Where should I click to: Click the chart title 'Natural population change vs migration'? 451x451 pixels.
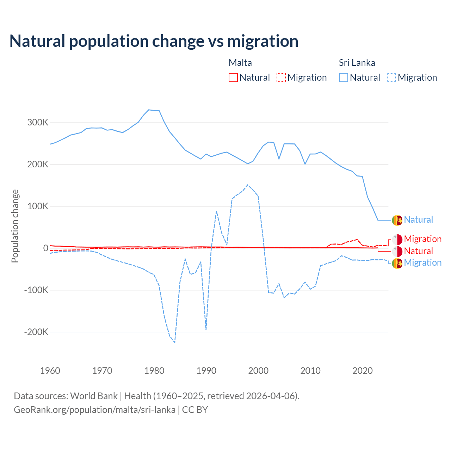(154, 41)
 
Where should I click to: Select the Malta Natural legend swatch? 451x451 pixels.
(233, 78)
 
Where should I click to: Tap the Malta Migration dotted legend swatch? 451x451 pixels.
(281, 78)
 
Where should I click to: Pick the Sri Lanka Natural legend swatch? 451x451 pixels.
(344, 78)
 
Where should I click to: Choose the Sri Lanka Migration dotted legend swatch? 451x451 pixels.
(391, 78)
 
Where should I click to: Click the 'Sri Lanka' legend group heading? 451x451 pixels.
(357, 63)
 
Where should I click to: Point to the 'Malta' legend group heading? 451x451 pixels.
(240, 63)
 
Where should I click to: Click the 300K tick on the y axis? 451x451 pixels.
(38, 123)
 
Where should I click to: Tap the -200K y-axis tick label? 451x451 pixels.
(36, 332)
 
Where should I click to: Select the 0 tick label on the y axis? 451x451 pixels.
(46, 248)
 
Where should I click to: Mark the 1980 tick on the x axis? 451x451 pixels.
(154, 371)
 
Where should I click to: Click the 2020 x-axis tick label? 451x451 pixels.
(363, 371)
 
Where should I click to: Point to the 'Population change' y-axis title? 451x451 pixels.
(15, 226)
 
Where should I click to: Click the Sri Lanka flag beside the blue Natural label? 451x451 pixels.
(397, 220)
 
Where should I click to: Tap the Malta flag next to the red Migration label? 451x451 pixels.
(397, 240)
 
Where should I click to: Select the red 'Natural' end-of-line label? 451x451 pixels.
(418, 251)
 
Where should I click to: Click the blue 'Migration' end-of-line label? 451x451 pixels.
(422, 263)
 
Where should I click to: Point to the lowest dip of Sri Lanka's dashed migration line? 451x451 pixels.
(175, 342)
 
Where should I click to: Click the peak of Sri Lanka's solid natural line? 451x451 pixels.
(149, 110)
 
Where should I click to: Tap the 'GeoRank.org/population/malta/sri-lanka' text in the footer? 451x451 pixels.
(94, 410)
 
